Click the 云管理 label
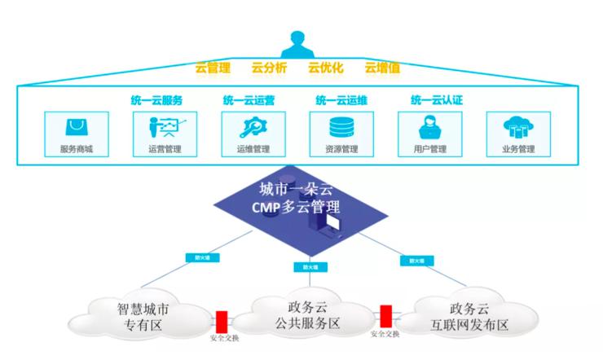click(x=213, y=68)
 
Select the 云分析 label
click(x=270, y=68)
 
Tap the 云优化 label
click(x=324, y=68)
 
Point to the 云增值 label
click(x=381, y=68)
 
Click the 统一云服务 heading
click(x=156, y=100)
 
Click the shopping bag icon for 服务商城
click(x=76, y=128)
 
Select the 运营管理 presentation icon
click(x=164, y=128)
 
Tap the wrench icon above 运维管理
click(x=253, y=128)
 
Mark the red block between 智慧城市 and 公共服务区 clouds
click(x=221, y=317)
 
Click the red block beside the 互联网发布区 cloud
click(x=385, y=314)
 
